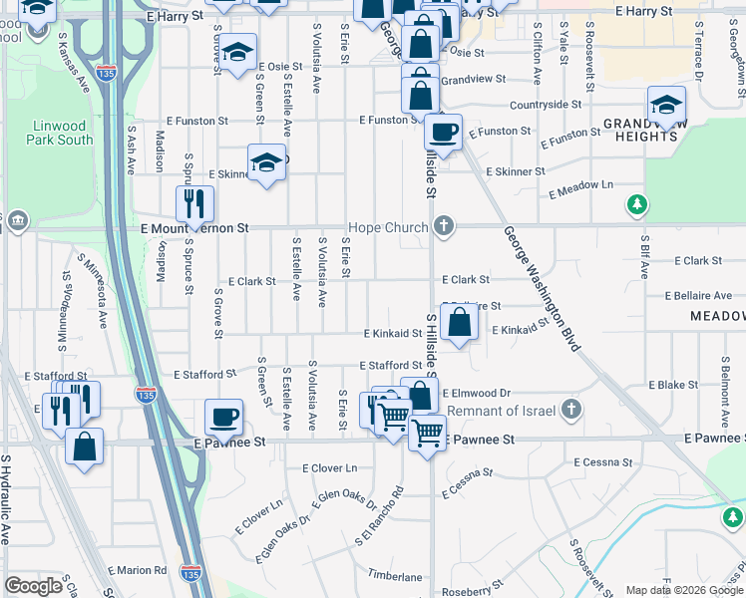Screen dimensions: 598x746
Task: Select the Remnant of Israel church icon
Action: [x=571, y=410]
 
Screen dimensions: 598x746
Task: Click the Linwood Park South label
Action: [x=61, y=133]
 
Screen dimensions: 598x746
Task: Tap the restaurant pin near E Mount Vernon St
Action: [x=193, y=204]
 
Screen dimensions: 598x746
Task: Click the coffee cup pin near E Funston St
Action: [x=442, y=132]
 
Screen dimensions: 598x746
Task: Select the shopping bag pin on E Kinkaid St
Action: [x=459, y=323]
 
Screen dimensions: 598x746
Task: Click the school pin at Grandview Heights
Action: [x=666, y=104]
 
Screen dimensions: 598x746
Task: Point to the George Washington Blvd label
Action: [x=542, y=289]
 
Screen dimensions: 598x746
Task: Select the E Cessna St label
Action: [x=602, y=462]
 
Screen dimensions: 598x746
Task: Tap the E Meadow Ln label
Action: [x=580, y=185]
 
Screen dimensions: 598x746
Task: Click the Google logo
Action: [x=33, y=586]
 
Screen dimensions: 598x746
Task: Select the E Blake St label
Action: [x=673, y=385]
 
